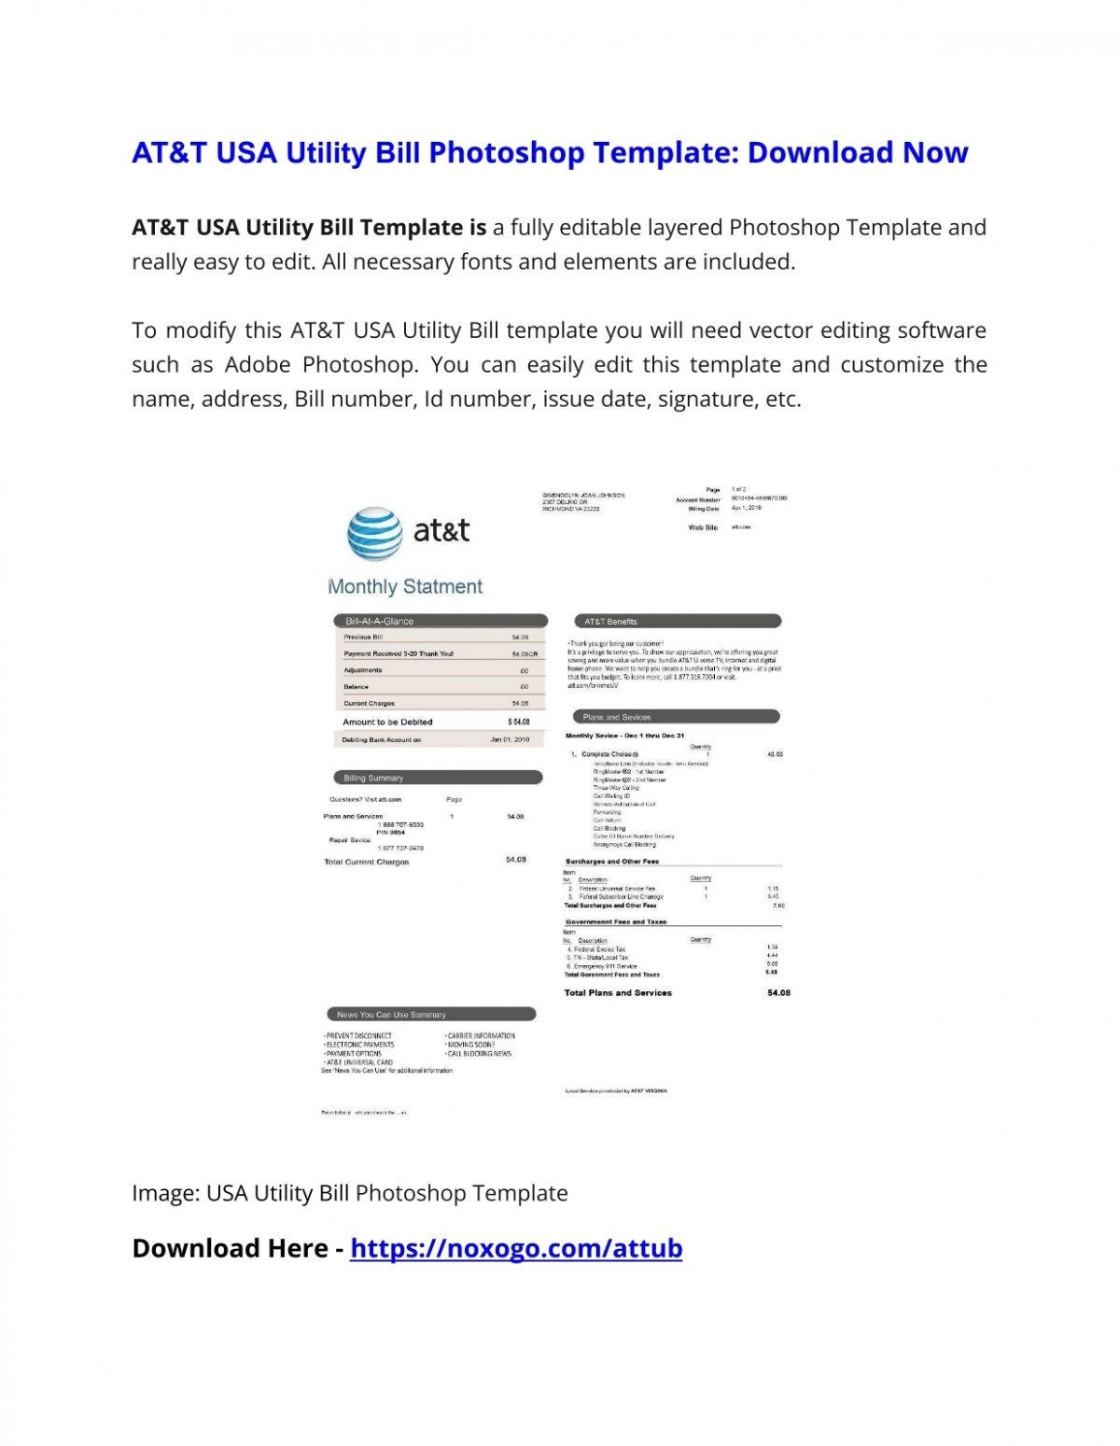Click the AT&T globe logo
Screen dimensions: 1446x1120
tap(374, 534)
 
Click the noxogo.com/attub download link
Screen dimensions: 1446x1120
tap(516, 1248)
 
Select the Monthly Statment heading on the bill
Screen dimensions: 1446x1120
tap(405, 586)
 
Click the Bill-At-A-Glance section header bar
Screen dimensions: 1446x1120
tap(440, 621)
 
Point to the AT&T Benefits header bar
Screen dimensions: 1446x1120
tap(676, 621)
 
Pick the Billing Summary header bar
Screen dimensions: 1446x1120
tap(437, 778)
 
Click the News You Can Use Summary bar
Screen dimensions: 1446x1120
tap(430, 1014)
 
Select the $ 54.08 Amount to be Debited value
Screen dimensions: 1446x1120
tap(519, 722)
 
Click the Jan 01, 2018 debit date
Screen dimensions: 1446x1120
tap(510, 739)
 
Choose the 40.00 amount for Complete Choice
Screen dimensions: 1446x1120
tap(775, 754)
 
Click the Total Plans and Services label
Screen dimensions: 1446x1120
tap(618, 992)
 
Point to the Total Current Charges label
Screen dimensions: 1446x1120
tap(367, 862)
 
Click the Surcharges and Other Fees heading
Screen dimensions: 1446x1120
tap(612, 862)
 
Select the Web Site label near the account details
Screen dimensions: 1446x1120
tap(703, 527)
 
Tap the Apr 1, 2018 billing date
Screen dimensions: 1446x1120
tap(747, 508)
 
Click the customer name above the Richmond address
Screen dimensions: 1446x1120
tap(583, 495)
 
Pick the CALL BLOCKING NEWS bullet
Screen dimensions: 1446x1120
tap(480, 1053)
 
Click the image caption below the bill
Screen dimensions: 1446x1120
tap(350, 1193)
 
